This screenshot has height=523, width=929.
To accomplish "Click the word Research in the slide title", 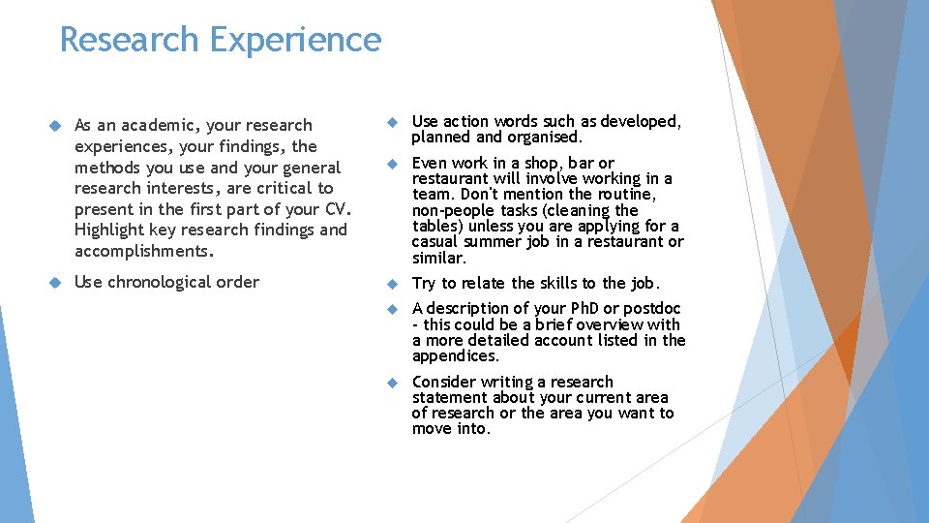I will pyautogui.click(x=129, y=41).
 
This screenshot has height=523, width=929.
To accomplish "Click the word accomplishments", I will pyautogui.click(x=141, y=250).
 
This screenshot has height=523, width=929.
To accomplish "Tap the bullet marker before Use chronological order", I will pyautogui.click(x=54, y=282).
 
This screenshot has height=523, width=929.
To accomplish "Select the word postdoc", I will pyautogui.click(x=651, y=309).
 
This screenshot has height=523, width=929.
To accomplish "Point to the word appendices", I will pyautogui.click(x=455, y=356).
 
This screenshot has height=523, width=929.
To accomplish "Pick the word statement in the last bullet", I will pyautogui.click(x=448, y=398).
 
